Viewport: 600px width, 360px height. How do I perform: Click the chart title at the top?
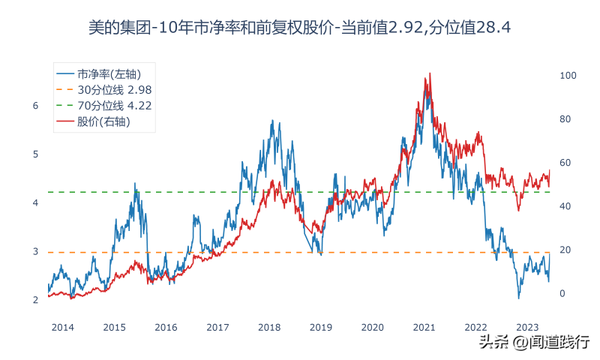click(299, 28)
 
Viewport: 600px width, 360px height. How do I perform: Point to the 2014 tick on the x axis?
click(62, 327)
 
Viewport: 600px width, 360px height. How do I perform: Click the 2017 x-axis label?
click(217, 327)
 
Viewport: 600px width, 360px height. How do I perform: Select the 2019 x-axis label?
click(321, 327)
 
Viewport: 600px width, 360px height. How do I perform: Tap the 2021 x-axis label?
click(424, 327)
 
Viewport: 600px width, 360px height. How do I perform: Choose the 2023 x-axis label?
click(528, 327)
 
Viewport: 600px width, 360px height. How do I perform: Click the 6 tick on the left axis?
click(35, 106)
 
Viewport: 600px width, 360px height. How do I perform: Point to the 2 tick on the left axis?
click(35, 300)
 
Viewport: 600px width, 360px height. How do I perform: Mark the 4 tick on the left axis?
click(35, 203)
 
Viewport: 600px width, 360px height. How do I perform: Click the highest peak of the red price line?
click(429, 73)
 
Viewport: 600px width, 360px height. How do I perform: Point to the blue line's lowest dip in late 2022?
click(518, 298)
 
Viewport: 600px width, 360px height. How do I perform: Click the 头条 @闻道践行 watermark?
click(534, 343)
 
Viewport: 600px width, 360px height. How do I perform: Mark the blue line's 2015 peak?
click(136, 184)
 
